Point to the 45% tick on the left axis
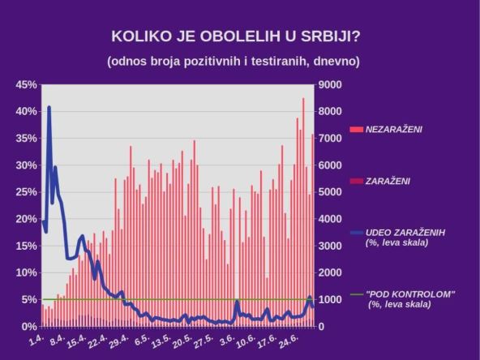tap(27, 85)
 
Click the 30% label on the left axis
tap(27, 165)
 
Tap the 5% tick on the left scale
tap(29, 299)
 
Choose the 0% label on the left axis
tap(29, 326)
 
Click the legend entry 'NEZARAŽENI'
tap(394, 129)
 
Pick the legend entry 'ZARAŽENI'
tap(388, 181)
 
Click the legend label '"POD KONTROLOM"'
tap(410, 294)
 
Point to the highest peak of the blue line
tap(49, 107)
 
